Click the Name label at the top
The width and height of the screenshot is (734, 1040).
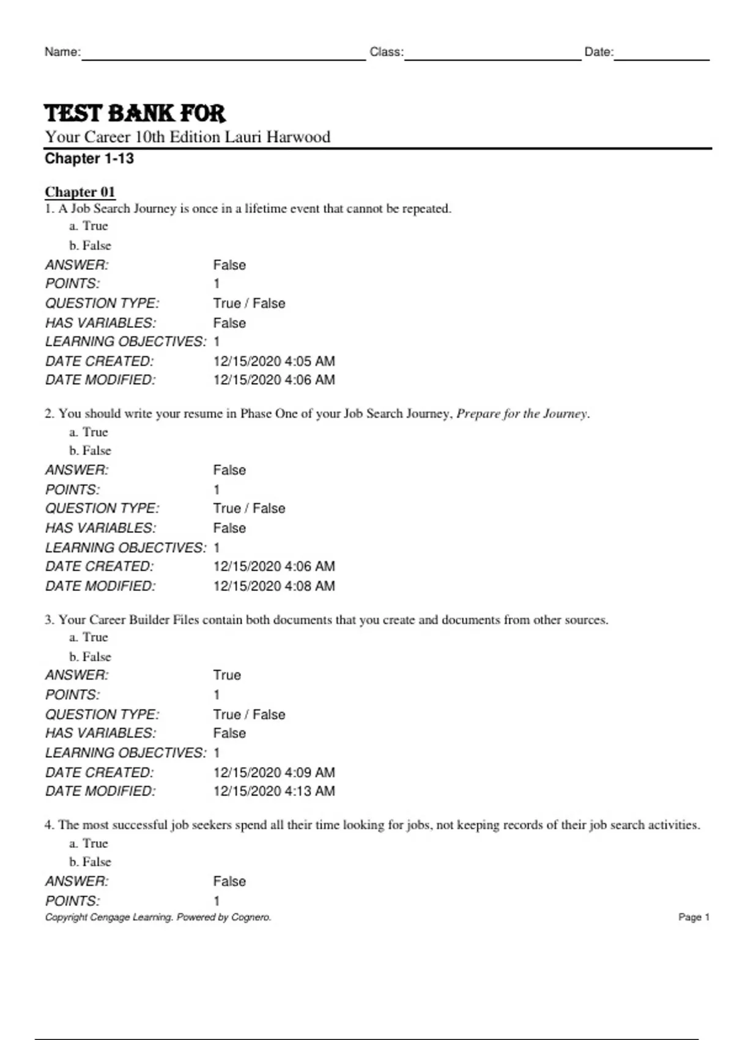point(62,52)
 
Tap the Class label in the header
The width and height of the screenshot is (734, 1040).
point(386,52)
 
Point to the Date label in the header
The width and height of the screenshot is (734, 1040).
point(598,52)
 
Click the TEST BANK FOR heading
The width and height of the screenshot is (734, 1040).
point(135,114)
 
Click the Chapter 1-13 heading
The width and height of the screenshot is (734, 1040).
point(89,159)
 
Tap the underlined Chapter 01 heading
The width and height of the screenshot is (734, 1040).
point(80,192)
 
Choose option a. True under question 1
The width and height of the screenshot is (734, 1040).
point(89,226)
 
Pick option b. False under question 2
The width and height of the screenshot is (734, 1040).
point(90,450)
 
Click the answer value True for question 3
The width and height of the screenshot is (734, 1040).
point(227,675)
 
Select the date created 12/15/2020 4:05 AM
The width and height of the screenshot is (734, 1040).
point(274,361)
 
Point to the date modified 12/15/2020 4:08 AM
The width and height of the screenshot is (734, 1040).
point(274,586)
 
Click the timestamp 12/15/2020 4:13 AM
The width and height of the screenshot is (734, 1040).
point(274,791)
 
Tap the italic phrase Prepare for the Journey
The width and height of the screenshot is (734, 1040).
point(522,414)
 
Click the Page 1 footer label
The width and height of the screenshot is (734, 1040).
point(694,917)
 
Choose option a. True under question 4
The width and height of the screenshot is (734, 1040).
point(89,843)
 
